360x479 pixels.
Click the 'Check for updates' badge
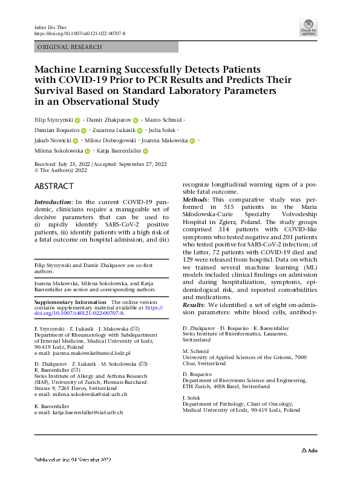tap(309, 27)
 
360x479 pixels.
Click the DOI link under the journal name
tap(80, 34)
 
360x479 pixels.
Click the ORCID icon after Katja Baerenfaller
tap(146, 151)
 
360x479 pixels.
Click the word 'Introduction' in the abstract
tap(53, 202)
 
